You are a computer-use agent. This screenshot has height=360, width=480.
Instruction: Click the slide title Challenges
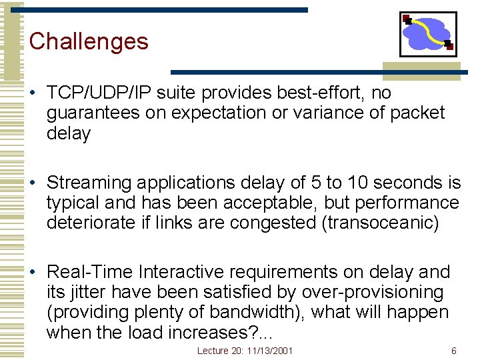click(x=89, y=41)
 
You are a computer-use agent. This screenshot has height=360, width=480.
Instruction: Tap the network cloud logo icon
click(x=428, y=34)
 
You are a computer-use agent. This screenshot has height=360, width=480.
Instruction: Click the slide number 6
click(x=454, y=351)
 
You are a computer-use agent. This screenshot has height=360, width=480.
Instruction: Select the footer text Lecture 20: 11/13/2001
click(x=245, y=351)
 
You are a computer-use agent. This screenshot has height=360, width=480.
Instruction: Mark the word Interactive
click(x=189, y=272)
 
